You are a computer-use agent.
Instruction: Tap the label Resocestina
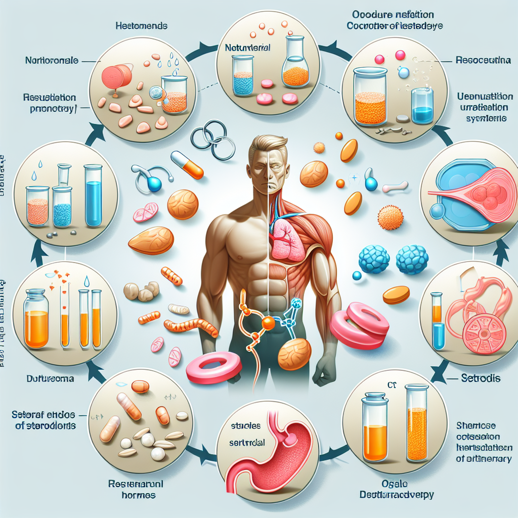click(484, 60)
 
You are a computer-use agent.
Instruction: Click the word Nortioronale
click(52, 61)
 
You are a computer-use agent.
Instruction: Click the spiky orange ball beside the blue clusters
click(391, 217)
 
